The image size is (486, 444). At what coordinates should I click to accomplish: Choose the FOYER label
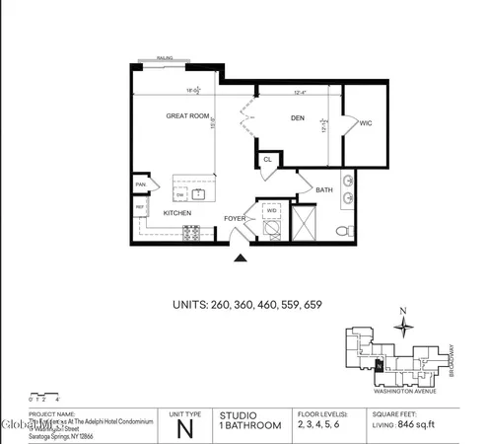(x=235, y=218)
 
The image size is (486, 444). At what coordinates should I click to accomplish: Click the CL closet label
(x=268, y=159)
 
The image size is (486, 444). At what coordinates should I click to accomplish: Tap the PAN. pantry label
(x=141, y=185)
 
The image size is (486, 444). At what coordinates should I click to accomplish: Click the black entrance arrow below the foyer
(x=239, y=259)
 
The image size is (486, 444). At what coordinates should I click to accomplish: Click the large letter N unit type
(x=183, y=427)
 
